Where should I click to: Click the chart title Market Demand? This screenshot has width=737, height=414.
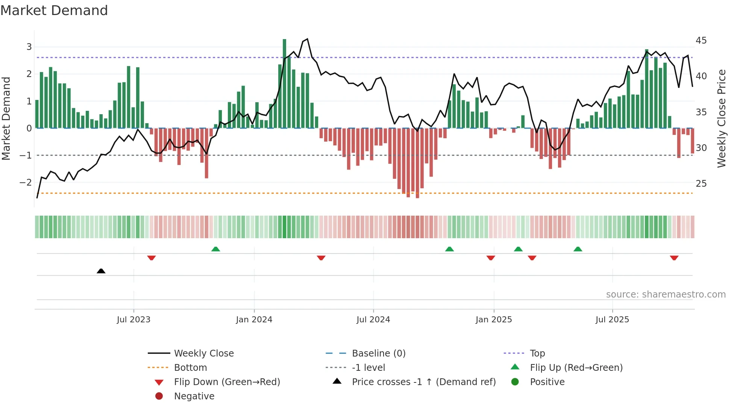54,11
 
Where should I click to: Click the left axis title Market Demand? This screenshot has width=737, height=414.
6,118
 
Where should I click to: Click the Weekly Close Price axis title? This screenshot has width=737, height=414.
721,118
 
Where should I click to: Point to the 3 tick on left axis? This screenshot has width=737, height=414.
29,47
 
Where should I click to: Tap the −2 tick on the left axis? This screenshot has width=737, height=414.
26,183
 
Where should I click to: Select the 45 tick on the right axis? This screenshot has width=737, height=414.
701,41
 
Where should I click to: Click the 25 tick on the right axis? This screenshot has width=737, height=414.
701,184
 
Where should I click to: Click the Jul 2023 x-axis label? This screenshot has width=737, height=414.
133,320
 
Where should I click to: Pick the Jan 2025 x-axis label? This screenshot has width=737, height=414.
493,320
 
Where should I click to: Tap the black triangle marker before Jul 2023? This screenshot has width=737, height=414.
101,271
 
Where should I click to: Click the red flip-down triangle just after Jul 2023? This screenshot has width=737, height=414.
152,258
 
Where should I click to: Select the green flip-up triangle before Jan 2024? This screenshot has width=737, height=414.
215,249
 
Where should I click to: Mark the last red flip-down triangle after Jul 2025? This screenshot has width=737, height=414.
674,258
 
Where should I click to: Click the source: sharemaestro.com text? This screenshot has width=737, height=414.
666,295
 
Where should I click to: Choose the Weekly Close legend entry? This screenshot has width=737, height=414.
203,354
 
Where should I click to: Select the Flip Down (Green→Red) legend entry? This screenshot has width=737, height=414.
227,382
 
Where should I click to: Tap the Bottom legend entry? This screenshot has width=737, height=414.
190,368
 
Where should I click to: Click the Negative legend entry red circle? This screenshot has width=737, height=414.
159,396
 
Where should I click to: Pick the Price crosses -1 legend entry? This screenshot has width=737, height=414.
423,382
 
